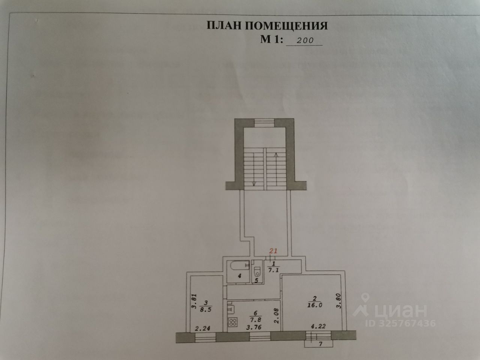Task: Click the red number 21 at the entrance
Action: tap(273, 251)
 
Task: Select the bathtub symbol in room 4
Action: tap(239, 265)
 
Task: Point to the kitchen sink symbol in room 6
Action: tap(231, 310)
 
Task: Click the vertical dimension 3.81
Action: tap(194, 301)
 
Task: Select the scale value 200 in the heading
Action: tap(304, 40)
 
